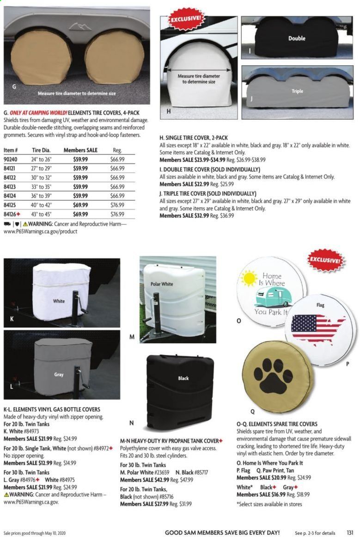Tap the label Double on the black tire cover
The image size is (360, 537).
click(x=297, y=38)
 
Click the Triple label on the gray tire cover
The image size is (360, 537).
click(x=297, y=91)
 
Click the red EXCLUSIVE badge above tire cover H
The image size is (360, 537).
click(x=185, y=20)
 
